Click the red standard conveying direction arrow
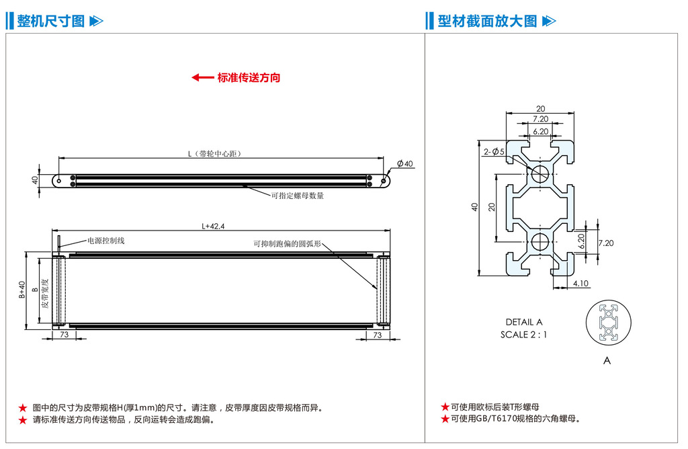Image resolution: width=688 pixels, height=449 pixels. click(x=202, y=77)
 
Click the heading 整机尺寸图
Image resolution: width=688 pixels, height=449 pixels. click(x=51, y=21)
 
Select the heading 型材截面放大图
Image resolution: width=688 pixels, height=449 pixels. click(x=487, y=21)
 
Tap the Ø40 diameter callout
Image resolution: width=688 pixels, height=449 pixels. click(x=405, y=164)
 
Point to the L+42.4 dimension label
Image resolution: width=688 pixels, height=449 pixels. click(x=213, y=227)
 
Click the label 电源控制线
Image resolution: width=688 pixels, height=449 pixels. click(x=106, y=240)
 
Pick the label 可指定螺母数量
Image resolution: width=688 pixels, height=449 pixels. click(x=297, y=196)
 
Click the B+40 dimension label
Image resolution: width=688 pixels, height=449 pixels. click(x=22, y=290)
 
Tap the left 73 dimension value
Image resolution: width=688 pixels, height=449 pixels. click(x=64, y=335)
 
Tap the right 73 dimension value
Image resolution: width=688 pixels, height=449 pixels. click(x=377, y=335)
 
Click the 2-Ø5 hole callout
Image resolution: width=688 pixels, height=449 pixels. click(x=494, y=152)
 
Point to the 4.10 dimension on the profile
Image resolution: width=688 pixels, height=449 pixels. click(x=580, y=284)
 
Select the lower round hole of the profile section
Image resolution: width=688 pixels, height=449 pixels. click(x=541, y=243)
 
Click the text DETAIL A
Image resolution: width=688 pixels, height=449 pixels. click(x=523, y=322)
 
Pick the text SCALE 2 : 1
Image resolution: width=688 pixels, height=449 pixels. click(x=523, y=334)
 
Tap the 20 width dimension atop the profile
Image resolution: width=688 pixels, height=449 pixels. click(x=541, y=109)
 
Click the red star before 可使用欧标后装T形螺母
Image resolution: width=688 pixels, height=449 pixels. click(x=445, y=407)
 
